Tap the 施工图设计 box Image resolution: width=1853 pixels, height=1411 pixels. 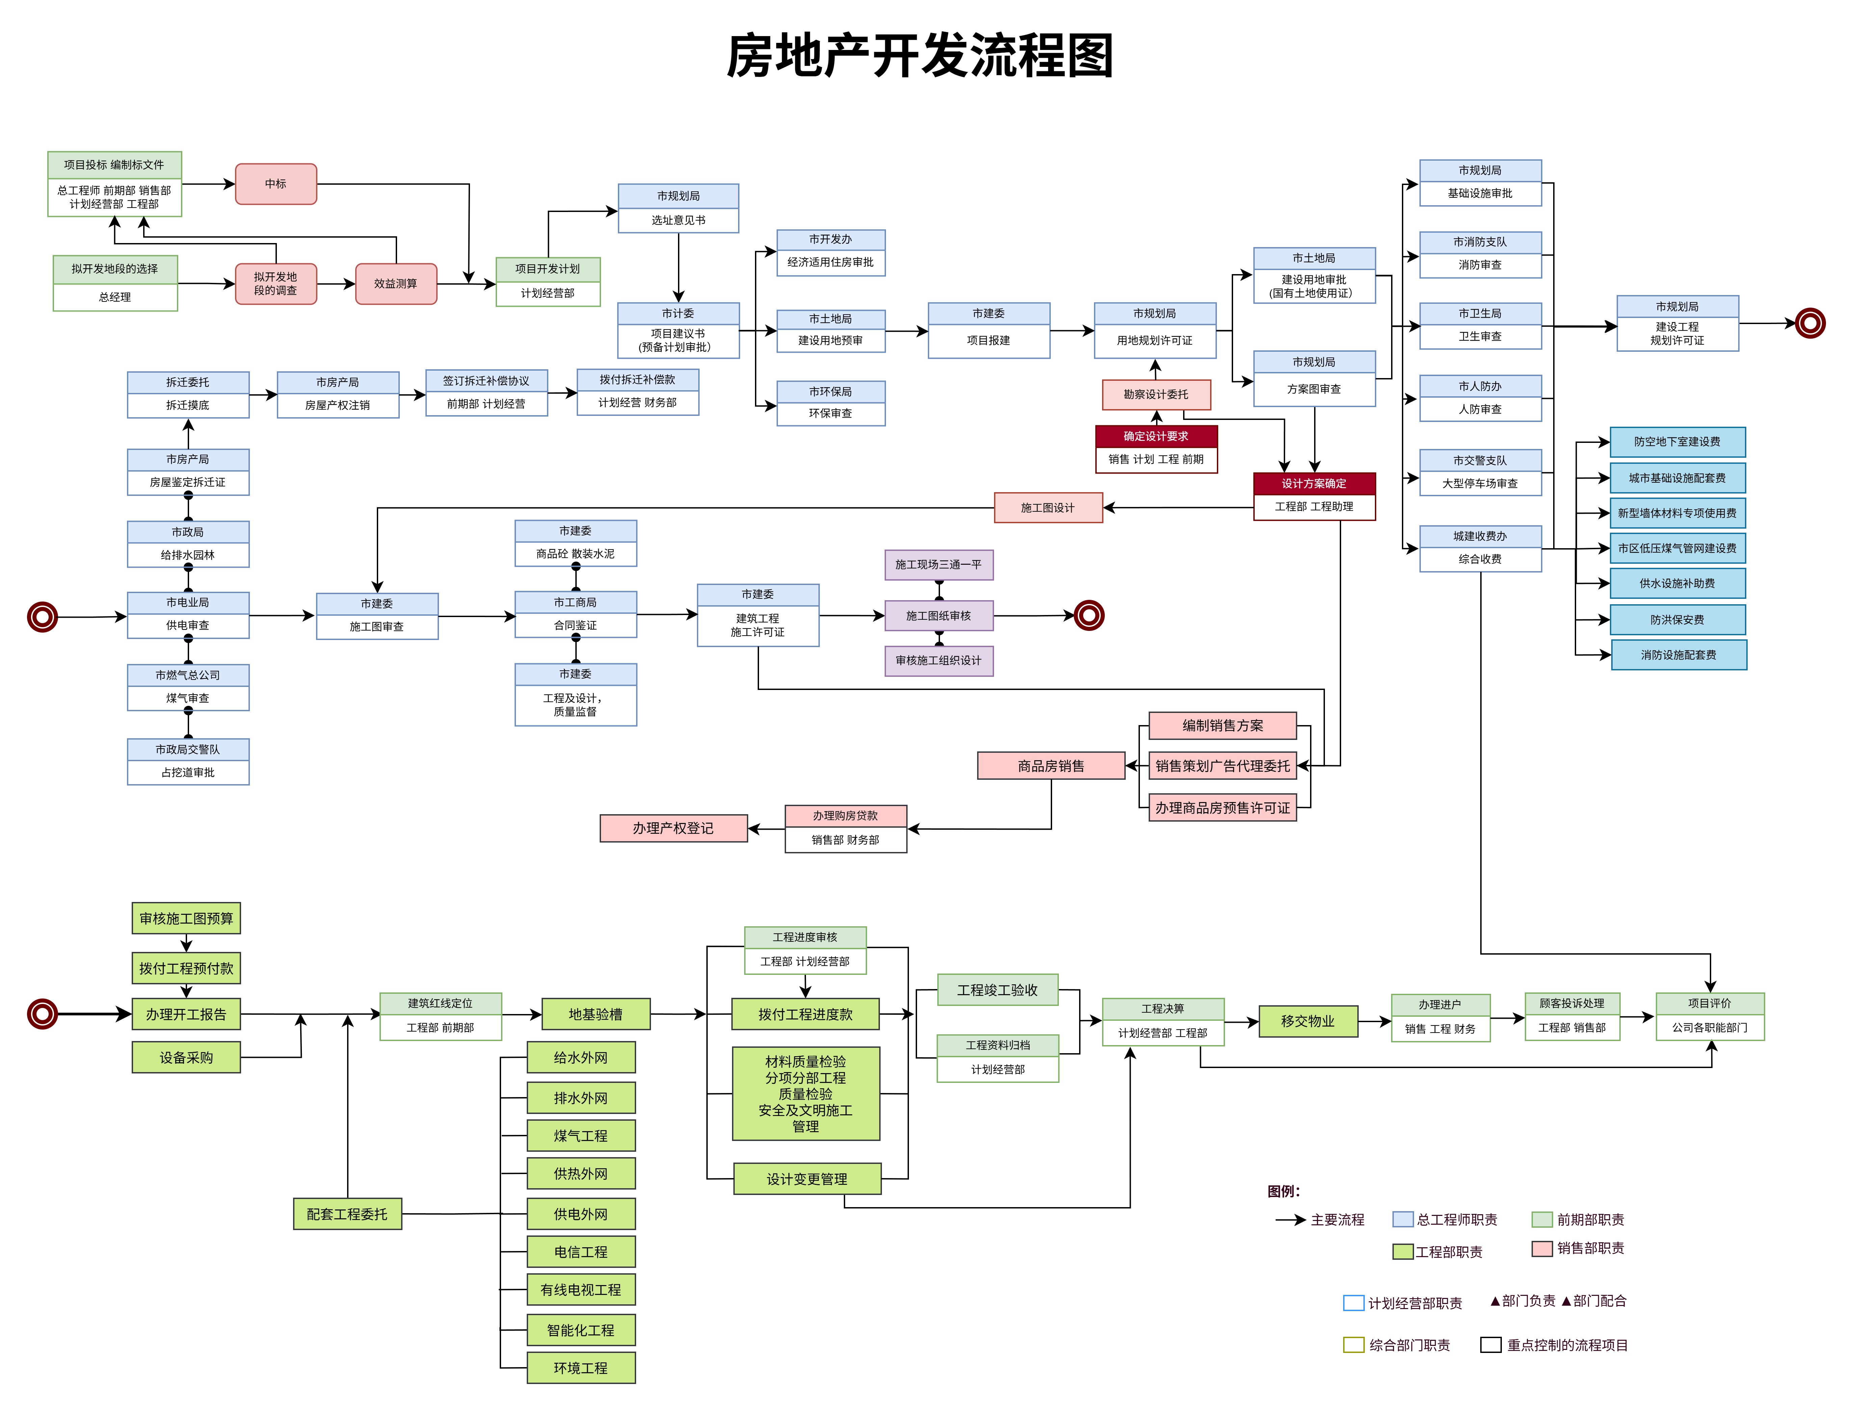(1047, 507)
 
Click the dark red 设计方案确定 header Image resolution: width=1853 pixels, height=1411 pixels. (1314, 484)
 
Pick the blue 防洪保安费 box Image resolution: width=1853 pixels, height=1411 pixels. (1677, 620)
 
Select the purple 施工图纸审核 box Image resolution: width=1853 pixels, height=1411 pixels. (938, 616)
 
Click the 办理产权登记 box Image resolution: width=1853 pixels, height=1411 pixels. (673, 828)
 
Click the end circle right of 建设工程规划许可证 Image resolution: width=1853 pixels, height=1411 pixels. (1810, 322)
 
